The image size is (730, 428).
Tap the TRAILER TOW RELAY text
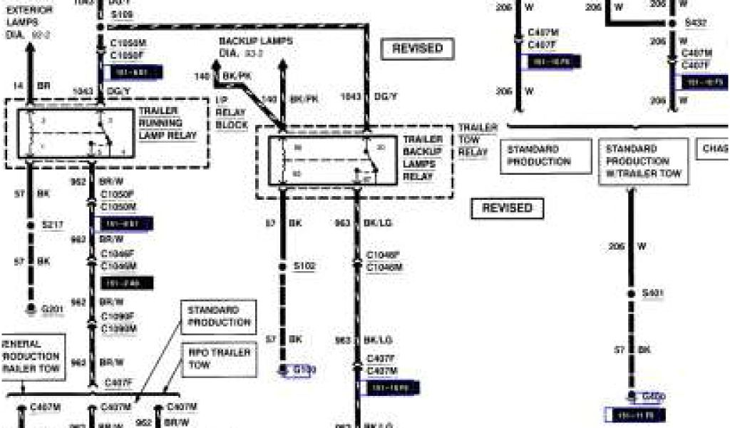(x=478, y=140)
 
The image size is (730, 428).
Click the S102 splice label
(x=305, y=266)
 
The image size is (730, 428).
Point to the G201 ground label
(x=53, y=309)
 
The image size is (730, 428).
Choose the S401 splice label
(x=653, y=293)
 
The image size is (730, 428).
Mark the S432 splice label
(x=695, y=23)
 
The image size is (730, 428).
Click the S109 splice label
(x=121, y=15)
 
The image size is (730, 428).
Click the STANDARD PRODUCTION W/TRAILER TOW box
(x=644, y=161)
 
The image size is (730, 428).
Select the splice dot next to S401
(x=630, y=293)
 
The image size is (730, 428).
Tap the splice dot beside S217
(x=31, y=225)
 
